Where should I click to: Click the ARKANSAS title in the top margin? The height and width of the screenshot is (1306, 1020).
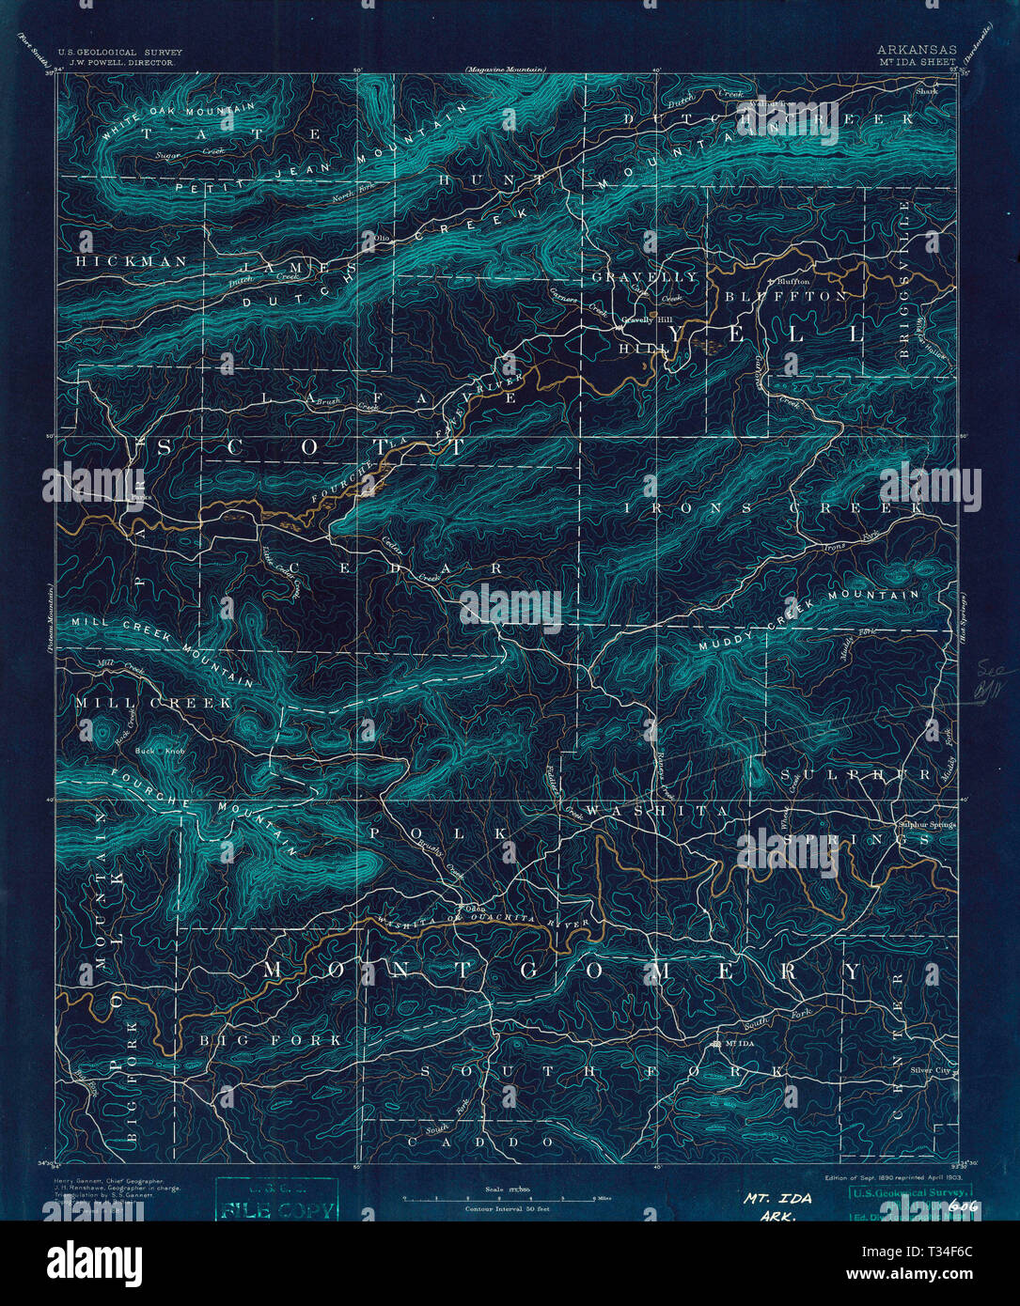(x=917, y=50)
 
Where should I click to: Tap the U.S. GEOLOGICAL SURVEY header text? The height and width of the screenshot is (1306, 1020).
(x=119, y=53)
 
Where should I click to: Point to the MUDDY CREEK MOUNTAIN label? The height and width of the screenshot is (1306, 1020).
(x=808, y=620)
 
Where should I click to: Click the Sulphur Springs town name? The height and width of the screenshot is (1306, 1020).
(x=926, y=824)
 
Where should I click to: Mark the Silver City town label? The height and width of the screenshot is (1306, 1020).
(x=931, y=1070)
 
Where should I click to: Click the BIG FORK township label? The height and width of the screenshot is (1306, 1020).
(x=271, y=1040)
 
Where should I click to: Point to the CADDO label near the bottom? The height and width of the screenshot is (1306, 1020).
(x=481, y=1141)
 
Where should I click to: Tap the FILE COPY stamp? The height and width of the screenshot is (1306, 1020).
(x=276, y=1210)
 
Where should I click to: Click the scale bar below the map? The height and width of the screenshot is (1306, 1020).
(x=508, y=1198)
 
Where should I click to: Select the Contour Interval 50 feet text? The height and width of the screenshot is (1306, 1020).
(x=508, y=1208)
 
